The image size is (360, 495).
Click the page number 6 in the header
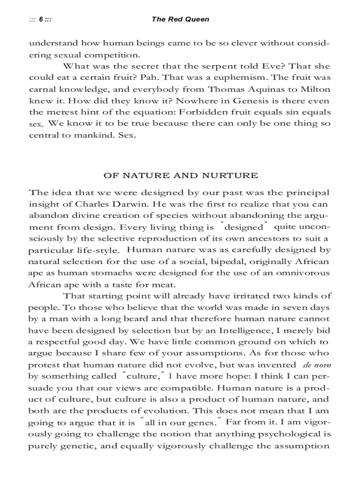[x=40, y=19]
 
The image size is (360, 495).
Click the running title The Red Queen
[x=180, y=19]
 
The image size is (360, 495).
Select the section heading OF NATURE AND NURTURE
[x=180, y=175]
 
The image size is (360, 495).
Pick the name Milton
[x=314, y=89]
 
